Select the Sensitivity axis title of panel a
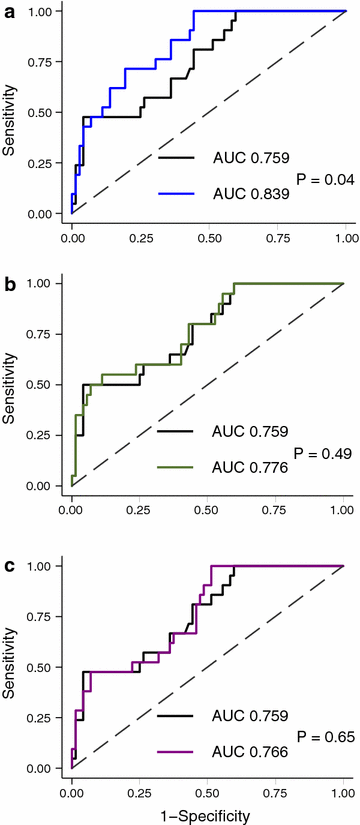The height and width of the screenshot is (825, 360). tap(10, 112)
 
